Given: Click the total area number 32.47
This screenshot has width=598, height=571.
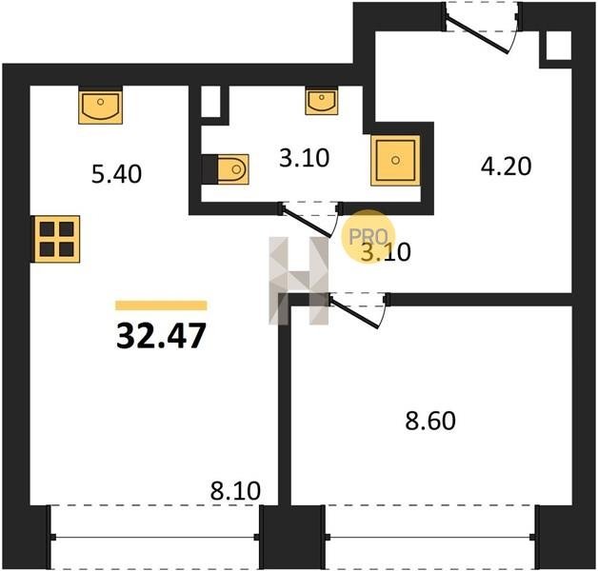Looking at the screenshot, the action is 161,336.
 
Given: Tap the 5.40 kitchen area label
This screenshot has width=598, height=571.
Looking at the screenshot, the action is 117,174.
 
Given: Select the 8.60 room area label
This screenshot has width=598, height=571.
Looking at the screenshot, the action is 430,422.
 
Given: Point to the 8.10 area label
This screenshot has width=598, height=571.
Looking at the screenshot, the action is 235,491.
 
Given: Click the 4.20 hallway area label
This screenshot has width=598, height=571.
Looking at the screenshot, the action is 506,167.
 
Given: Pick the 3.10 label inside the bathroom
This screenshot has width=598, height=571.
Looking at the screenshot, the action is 304,158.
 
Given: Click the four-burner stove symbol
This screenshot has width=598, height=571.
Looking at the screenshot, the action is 57,239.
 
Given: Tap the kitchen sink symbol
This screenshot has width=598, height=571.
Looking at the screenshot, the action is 101,106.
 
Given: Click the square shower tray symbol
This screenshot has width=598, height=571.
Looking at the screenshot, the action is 395,161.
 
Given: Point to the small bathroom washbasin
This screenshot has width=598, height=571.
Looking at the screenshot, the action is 322,101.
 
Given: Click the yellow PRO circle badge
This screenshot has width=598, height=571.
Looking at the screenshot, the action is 368,237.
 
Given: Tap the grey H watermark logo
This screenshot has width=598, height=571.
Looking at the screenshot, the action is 299,281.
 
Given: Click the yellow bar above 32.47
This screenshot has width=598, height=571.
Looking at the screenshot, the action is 161,305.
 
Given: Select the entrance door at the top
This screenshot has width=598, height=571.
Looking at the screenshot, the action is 481,28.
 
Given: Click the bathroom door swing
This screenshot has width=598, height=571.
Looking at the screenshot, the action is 310,219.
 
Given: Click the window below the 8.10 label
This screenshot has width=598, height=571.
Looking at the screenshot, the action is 155,537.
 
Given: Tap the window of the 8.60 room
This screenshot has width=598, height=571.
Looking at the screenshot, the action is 430,537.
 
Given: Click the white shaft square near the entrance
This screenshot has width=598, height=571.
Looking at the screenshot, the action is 559,46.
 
